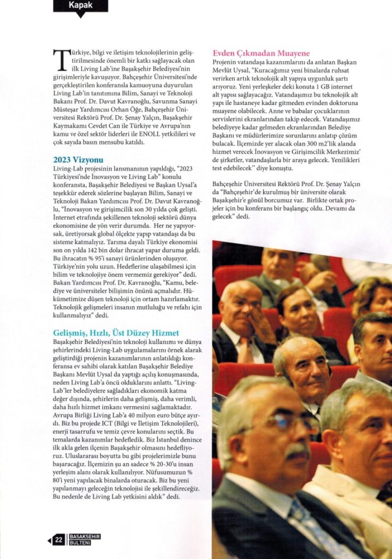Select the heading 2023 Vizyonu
click(78, 160)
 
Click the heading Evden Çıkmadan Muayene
click(261, 53)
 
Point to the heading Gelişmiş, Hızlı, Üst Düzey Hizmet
click(116, 332)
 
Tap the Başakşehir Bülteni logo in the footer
click(85, 540)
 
